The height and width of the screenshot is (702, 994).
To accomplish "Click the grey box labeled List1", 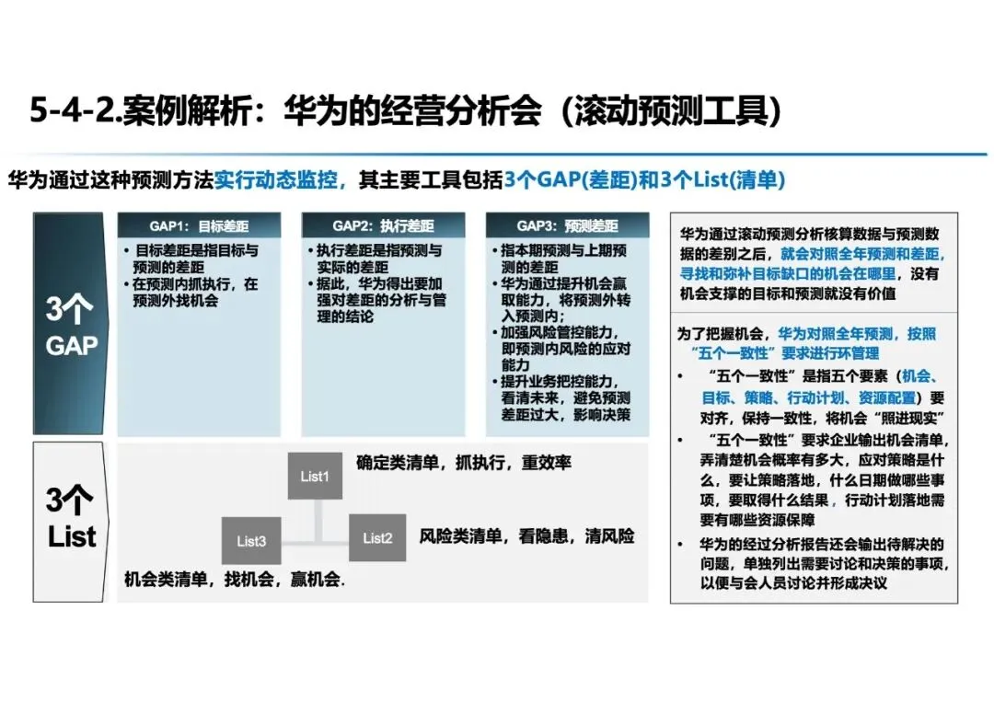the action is [314, 476].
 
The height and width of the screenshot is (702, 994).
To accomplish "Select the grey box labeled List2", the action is [377, 538].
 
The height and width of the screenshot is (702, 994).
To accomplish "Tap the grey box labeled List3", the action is [250, 541].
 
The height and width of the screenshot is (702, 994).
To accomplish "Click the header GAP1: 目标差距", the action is [200, 225].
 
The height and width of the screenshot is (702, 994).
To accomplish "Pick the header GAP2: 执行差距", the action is [383, 225].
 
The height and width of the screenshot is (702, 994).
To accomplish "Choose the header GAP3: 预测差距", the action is [567, 225].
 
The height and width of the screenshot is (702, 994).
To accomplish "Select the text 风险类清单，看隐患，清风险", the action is [526, 535].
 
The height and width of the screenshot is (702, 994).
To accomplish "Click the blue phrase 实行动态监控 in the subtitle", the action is [281, 180].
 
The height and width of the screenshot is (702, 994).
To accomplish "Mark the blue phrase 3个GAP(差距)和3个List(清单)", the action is [644, 180].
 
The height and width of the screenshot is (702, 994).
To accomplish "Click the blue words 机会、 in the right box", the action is [918, 377].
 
